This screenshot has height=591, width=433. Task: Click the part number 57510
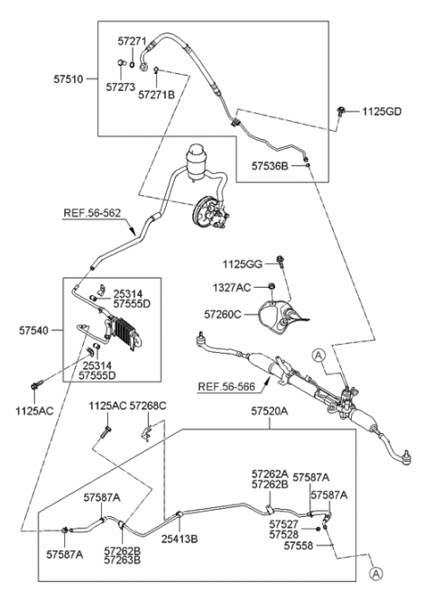click(x=69, y=79)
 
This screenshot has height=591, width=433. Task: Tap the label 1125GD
click(x=382, y=112)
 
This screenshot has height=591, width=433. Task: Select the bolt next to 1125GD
click(x=341, y=111)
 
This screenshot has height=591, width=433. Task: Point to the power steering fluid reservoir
click(x=198, y=162)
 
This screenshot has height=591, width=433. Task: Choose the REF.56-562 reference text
click(x=92, y=213)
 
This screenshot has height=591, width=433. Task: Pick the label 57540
click(x=34, y=330)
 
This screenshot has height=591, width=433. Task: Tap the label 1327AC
click(x=232, y=288)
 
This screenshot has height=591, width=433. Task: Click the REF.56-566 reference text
click(x=226, y=387)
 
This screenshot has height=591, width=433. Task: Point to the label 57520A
click(x=270, y=411)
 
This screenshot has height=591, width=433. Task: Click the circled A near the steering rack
click(x=318, y=356)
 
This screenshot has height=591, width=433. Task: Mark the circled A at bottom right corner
click(x=375, y=573)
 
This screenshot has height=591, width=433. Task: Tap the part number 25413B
click(x=180, y=539)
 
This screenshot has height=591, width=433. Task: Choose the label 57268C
click(x=148, y=406)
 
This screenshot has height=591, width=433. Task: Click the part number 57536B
click(x=270, y=166)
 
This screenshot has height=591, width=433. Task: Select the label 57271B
click(x=156, y=95)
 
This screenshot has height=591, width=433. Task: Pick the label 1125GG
click(x=243, y=264)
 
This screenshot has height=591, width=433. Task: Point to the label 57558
click(x=299, y=545)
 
